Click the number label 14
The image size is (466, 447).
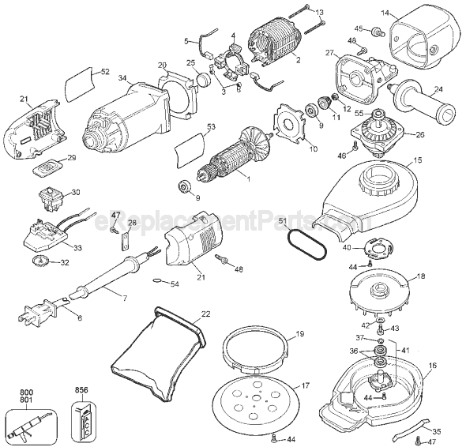click(x=385, y=13)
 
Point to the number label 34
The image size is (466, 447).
click(x=122, y=77)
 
